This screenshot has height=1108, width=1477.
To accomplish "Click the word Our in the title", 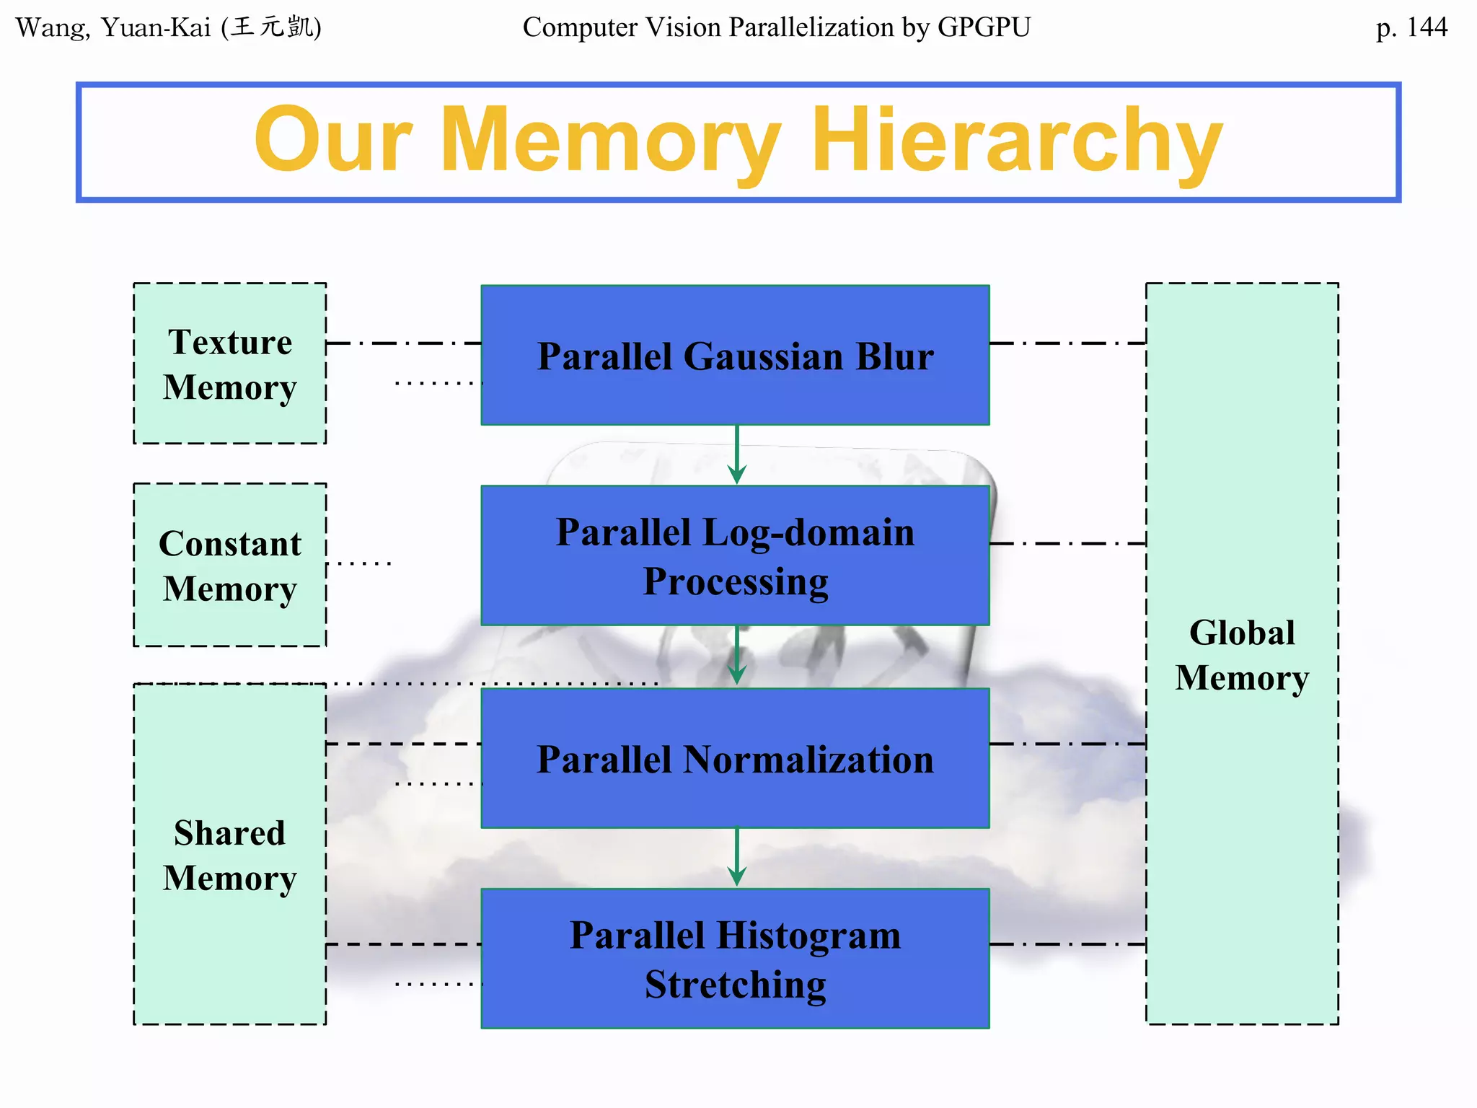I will click(333, 141).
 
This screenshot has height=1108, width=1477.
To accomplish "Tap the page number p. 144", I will click(1411, 27).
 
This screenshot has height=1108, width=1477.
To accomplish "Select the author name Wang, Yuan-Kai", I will click(115, 27).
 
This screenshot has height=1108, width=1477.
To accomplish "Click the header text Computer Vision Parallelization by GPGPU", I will click(776, 27).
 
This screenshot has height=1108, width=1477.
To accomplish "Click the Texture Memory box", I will click(229, 364).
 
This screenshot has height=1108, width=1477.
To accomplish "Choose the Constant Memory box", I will click(229, 565).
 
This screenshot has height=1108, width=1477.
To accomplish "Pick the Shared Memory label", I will click(229, 856).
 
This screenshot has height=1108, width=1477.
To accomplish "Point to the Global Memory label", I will click(1242, 655).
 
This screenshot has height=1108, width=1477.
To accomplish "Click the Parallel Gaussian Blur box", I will click(735, 356).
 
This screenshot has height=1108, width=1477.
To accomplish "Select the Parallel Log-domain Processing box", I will click(735, 556).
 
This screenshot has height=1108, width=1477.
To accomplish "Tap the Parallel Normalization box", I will click(735, 759).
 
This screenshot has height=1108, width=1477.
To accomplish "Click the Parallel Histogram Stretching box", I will click(735, 959).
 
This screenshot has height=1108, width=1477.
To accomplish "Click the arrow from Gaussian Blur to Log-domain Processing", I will click(736, 454).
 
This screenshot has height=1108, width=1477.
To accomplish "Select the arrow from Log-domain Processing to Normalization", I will click(736, 655).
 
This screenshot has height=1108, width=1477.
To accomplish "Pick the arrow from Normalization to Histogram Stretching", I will click(736, 857).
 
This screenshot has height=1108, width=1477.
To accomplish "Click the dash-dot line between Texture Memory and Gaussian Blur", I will click(404, 343).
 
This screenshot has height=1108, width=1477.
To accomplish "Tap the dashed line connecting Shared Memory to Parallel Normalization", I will click(404, 744).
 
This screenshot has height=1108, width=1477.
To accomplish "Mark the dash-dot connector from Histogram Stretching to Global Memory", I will click(1067, 944).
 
